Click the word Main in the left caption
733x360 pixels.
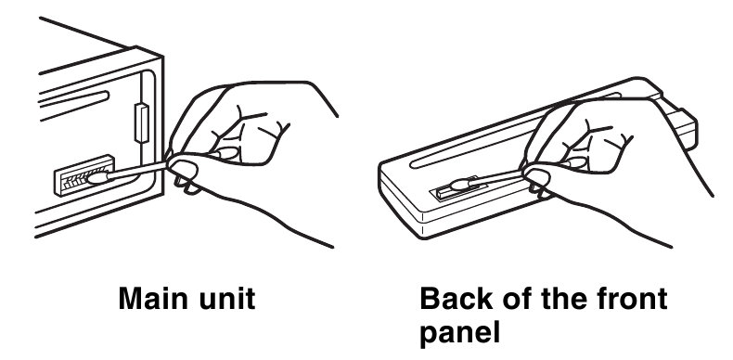[149, 298]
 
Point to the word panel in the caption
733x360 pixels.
[459, 333]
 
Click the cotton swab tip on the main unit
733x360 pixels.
[98, 177]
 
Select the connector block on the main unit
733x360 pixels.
[84, 174]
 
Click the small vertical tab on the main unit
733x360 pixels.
[142, 122]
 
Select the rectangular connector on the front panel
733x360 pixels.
[456, 189]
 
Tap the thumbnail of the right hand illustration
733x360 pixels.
[537, 176]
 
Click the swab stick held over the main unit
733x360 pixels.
[136, 170]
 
